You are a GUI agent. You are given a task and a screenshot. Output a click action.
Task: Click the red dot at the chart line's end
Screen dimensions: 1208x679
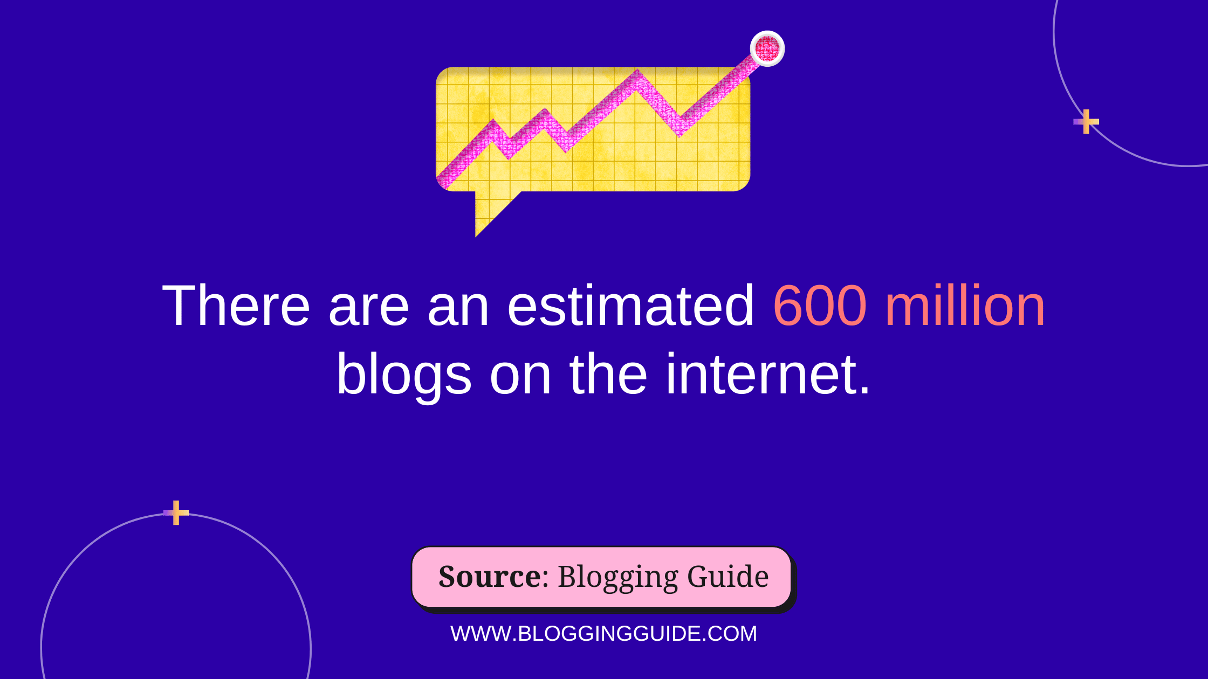pyautogui.click(x=767, y=48)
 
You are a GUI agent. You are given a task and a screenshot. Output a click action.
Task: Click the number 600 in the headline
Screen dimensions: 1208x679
pyautogui.click(x=820, y=306)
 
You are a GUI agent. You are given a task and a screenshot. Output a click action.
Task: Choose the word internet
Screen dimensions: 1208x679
pyautogui.click(x=768, y=374)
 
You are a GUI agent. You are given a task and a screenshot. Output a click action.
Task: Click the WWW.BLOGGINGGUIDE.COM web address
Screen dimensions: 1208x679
pyautogui.click(x=604, y=634)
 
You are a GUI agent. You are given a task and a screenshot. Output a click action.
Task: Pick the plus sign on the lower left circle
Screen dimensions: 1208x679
pyautogui.click(x=176, y=512)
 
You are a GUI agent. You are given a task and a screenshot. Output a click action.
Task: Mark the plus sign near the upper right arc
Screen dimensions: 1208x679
pyautogui.click(x=1086, y=121)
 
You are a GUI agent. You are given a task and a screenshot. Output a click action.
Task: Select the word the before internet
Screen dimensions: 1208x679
pyautogui.click(x=608, y=374)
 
